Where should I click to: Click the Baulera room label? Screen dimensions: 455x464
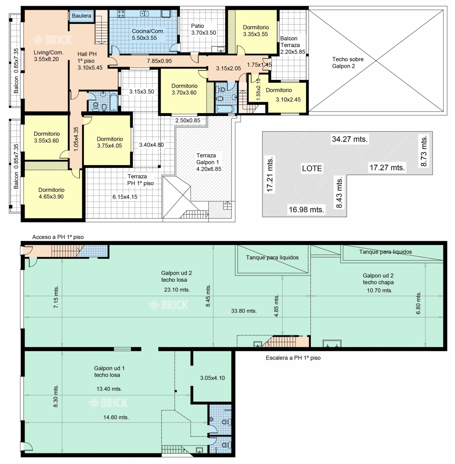coord(82,16)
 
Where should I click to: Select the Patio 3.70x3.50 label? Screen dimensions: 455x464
coord(204,29)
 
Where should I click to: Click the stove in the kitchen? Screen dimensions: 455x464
coord(121,14)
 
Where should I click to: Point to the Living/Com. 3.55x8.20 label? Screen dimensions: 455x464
coord(49,55)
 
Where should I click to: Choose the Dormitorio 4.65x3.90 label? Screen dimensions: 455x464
coord(51,193)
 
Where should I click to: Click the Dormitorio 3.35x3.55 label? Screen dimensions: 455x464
coord(256,31)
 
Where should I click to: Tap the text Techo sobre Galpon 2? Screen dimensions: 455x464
coord(348,63)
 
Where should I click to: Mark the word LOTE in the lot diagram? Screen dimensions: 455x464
coord(312,168)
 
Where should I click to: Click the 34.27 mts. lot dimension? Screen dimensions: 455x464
coord(350,139)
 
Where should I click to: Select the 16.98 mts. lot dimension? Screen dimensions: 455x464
coord(306,209)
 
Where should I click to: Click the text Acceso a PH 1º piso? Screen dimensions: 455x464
coord(58,237)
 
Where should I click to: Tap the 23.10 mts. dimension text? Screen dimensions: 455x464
coord(177,290)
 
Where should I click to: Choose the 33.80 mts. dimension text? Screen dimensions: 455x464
coord(244,311)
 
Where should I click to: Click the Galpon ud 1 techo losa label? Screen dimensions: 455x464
coord(109,372)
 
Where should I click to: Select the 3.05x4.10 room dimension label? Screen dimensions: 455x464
coord(212,378)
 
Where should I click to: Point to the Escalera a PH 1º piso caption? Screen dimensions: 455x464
coord(293,358)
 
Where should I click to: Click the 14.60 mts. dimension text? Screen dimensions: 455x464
coord(116,417)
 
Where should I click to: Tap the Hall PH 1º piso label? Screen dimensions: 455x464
coord(90,61)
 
